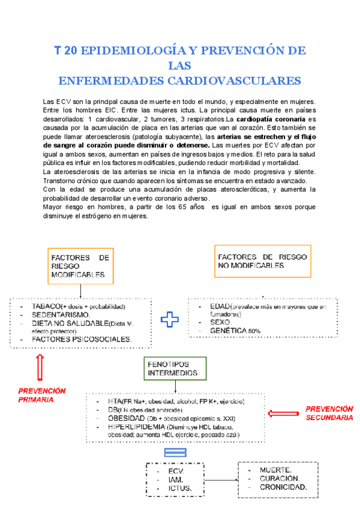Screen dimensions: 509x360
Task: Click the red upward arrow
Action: (40, 366)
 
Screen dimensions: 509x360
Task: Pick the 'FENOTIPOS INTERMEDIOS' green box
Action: (173, 368)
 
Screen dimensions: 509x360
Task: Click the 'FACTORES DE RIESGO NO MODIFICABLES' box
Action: (263, 261)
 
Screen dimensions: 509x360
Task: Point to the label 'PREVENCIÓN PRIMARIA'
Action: (41, 395)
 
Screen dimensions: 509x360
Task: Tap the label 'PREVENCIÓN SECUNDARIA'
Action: (329, 413)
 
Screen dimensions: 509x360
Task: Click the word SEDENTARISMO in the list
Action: (61, 315)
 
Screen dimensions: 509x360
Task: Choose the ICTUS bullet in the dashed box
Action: (180, 489)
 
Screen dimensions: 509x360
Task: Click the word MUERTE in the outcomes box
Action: (275, 469)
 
